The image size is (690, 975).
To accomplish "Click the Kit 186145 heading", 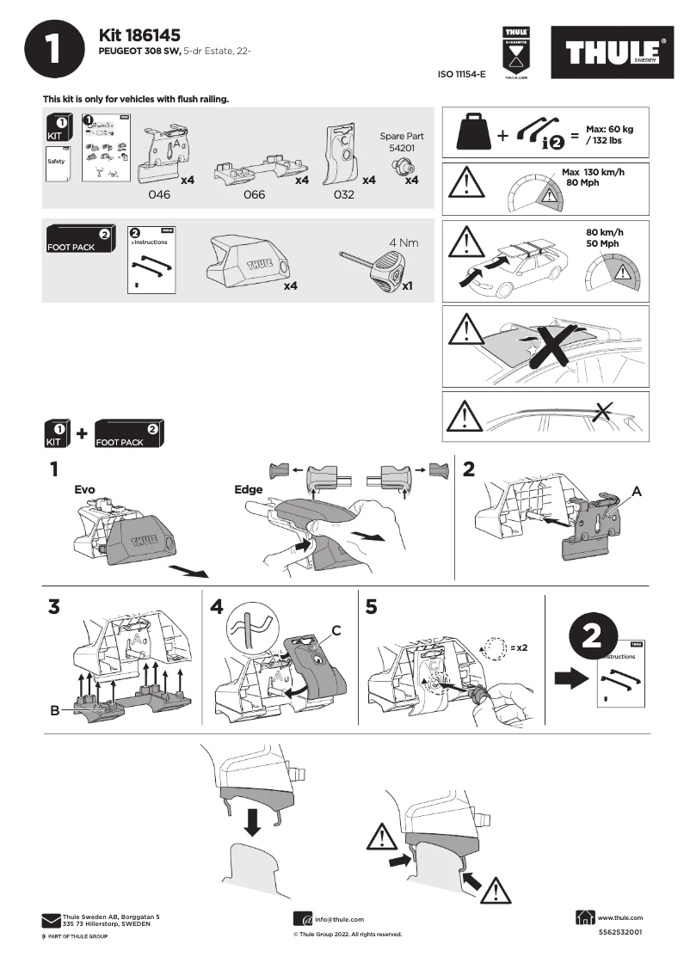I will [139, 35].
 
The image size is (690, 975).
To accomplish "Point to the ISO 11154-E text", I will [462, 75].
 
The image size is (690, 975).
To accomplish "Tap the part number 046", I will [159, 195].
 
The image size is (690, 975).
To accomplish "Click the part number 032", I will [343, 195].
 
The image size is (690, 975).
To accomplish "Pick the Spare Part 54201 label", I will [402, 142].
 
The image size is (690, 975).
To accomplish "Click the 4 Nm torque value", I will [404, 242].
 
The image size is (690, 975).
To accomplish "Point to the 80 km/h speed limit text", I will [604, 232].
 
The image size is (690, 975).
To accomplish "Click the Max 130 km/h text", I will [593, 173].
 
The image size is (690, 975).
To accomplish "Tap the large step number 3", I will [55, 607].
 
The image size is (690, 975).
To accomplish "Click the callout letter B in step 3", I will [54, 712].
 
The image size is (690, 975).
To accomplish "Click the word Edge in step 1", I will [248, 489].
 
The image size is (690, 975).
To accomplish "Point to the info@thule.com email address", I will [339, 919].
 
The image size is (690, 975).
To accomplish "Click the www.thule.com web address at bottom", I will [619, 917].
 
